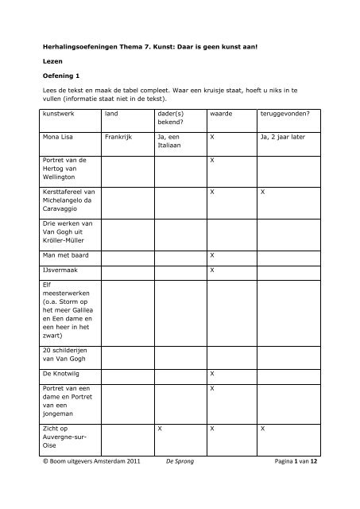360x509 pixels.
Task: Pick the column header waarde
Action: click(x=222, y=115)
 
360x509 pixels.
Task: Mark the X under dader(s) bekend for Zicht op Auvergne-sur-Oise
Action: click(x=160, y=429)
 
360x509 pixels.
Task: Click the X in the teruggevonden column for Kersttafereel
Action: click(x=262, y=192)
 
